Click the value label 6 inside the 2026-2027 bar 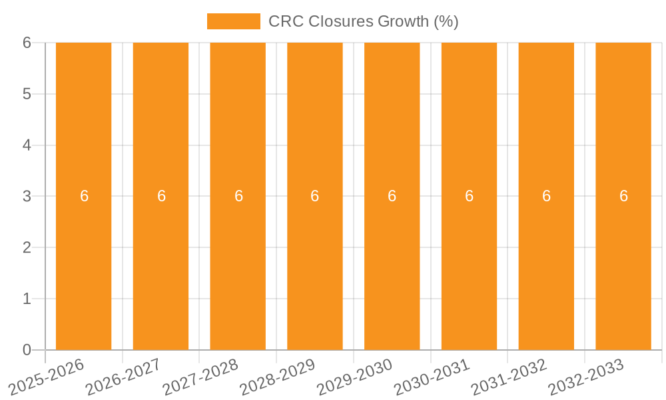(161, 196)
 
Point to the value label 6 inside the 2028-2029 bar (315, 196)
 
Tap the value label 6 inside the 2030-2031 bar (469, 196)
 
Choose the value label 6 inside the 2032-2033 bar (623, 196)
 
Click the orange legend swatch (234, 21)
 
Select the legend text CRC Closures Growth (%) (363, 21)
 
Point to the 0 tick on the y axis (27, 350)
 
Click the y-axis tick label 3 (27, 196)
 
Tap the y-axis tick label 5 (27, 94)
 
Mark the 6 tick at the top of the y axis (27, 43)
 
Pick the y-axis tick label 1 (27, 299)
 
